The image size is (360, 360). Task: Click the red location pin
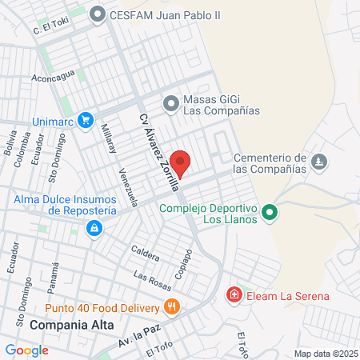point(182,163)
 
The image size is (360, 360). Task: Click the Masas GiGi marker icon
point(170,102)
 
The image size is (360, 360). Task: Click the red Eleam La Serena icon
point(234,296)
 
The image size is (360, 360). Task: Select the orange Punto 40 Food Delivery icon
point(170,306)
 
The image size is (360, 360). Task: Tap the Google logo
point(26,350)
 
